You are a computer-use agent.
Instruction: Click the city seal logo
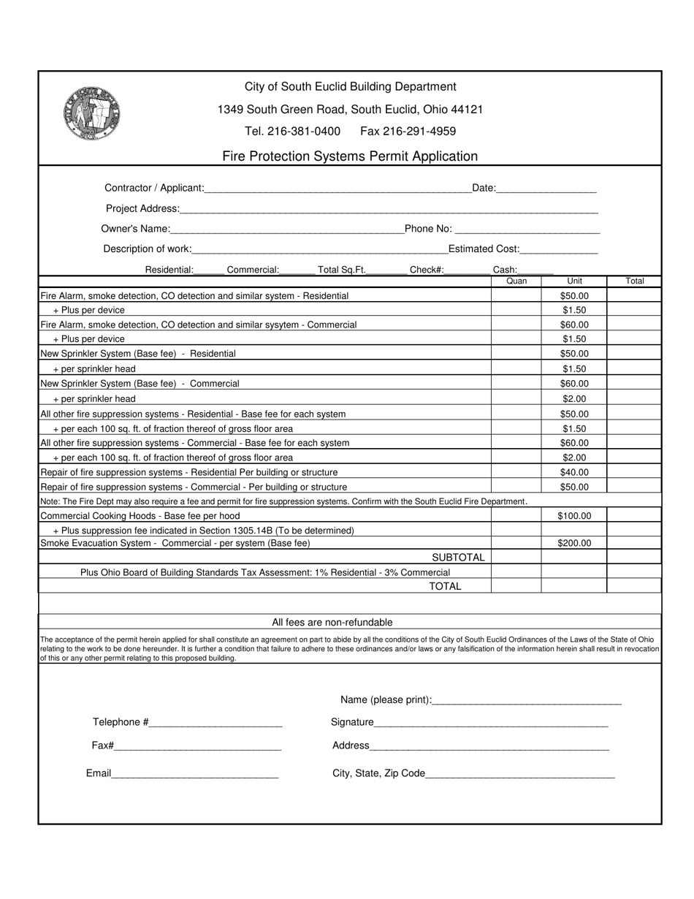pos(91,114)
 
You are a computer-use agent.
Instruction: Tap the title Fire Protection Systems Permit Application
pos(350,156)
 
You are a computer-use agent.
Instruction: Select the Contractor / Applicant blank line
pos(338,189)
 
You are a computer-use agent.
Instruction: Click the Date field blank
pos(546,189)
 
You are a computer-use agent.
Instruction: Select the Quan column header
pos(516,281)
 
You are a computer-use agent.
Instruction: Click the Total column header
pos(634,281)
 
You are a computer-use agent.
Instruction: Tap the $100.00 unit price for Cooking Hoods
pos(573,516)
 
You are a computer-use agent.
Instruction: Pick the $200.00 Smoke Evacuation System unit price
pos(573,543)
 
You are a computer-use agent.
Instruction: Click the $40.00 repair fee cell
pos(573,473)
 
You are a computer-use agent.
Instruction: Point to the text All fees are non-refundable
pos(332,623)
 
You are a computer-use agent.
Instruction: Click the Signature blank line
pos(491,724)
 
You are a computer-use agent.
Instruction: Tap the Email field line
pos(194,775)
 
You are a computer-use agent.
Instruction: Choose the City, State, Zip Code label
pos(378,773)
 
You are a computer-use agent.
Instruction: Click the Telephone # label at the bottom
pos(121,722)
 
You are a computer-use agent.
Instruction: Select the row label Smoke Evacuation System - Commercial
pos(175,543)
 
